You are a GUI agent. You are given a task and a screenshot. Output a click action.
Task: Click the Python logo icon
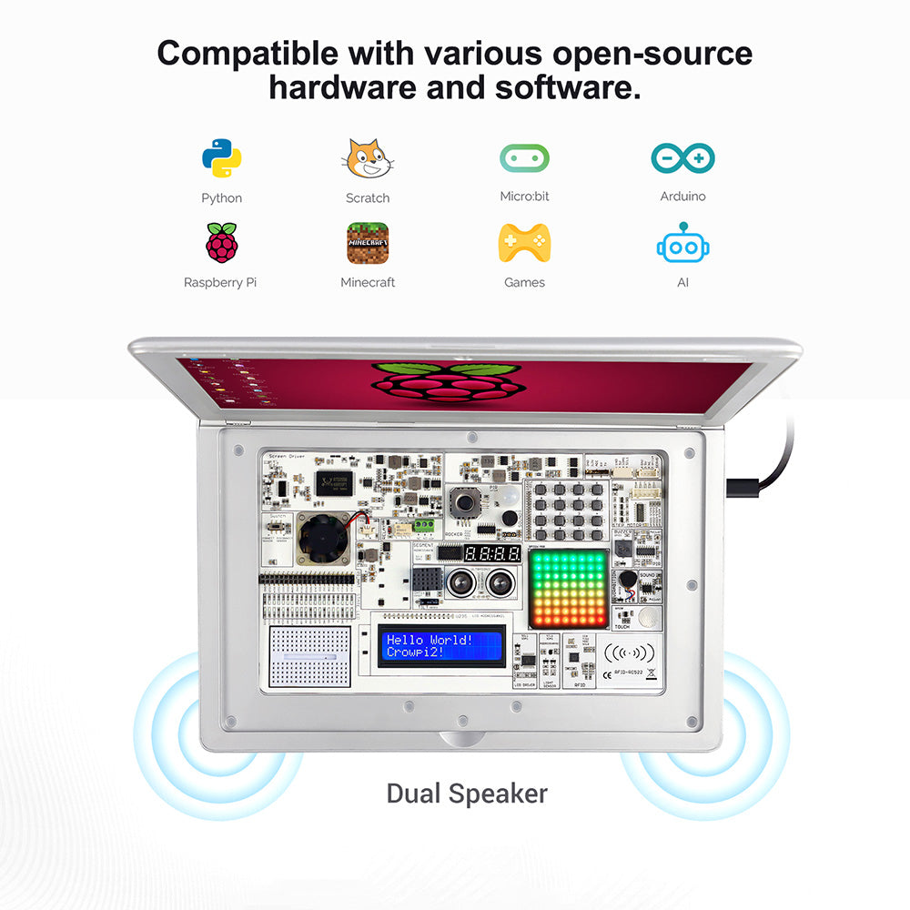(222, 158)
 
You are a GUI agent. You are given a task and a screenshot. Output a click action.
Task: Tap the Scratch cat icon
(367, 159)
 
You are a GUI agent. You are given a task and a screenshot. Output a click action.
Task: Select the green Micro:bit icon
(524, 158)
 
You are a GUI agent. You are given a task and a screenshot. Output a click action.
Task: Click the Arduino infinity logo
(682, 158)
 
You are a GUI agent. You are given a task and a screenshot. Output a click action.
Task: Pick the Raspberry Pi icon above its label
(221, 242)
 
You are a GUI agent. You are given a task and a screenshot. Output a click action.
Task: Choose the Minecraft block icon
(368, 243)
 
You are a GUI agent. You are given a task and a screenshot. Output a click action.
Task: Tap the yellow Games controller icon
(524, 243)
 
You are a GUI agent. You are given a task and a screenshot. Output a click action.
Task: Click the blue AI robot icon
(682, 243)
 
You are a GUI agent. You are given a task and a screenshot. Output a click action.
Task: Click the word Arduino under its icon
(682, 197)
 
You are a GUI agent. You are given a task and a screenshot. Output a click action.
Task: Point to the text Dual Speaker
(467, 793)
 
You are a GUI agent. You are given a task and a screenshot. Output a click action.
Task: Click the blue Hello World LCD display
(442, 646)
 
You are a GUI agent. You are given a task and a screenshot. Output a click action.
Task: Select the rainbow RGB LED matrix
(567, 588)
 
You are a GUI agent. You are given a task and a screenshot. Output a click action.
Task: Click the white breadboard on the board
(311, 655)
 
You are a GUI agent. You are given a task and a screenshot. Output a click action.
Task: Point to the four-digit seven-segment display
(492, 553)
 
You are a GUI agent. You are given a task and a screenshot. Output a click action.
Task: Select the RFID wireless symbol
(629, 652)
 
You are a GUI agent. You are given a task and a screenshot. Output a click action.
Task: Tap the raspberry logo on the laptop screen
(446, 380)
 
